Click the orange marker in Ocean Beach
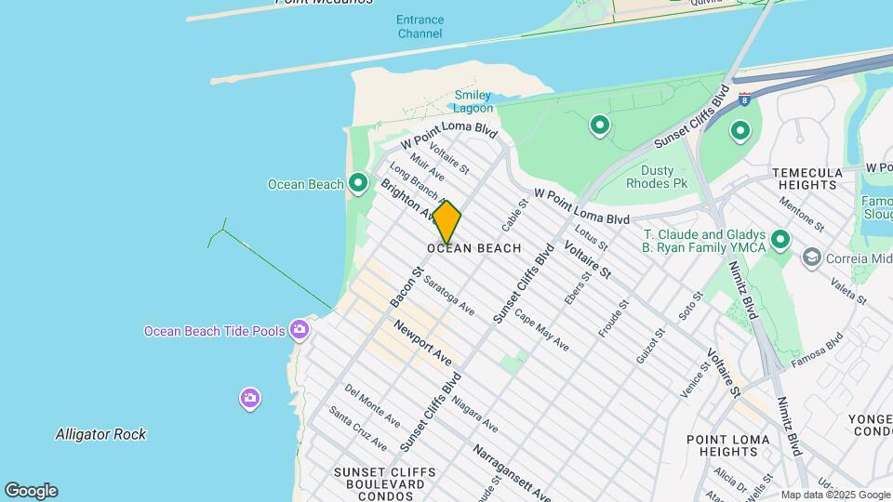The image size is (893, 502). point(446,222)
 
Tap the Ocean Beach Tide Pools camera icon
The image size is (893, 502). point(300,329)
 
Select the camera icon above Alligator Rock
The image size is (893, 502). point(249,399)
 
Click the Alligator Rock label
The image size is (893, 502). point(100,434)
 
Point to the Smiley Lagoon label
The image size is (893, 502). point(473,101)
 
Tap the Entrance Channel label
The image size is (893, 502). point(420,26)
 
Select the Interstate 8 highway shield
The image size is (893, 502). point(744,97)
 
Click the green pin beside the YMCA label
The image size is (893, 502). point(780,241)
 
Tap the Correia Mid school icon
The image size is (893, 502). point(811,257)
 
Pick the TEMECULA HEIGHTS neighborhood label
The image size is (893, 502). point(807,178)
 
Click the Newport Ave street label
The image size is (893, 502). point(422,343)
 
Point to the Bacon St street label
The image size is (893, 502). point(407,287)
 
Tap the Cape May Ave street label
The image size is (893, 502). point(541,330)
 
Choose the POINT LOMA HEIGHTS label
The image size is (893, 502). point(727,445)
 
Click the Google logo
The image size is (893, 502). point(31,491)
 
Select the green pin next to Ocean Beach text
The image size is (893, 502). point(358,184)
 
